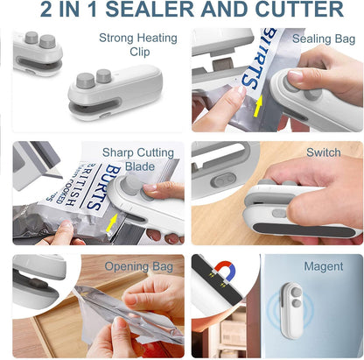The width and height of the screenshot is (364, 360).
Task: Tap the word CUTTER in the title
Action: pyautogui.click(x=293, y=11)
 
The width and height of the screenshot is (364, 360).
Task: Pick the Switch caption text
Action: pyautogui.click(x=324, y=152)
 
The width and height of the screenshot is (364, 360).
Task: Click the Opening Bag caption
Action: pyautogui.click(x=139, y=265)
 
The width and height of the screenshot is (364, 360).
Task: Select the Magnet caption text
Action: pyautogui.click(x=323, y=265)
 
